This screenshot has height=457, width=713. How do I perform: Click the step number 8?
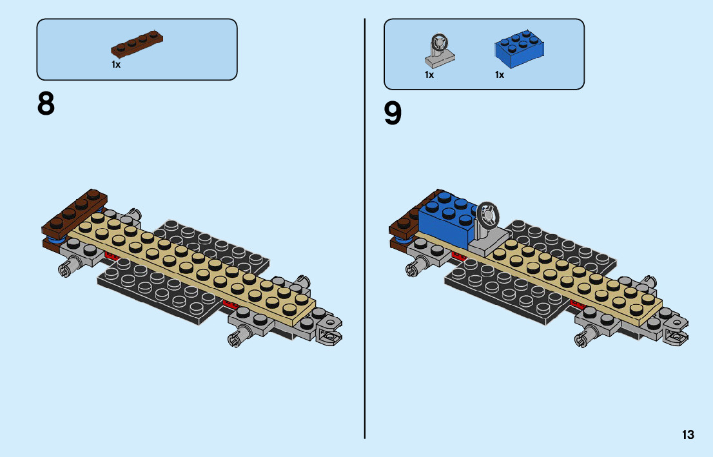46,104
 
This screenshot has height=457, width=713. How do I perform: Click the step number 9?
393,113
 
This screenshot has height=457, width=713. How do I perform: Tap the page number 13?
688,435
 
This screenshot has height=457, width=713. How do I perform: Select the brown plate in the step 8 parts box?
137,44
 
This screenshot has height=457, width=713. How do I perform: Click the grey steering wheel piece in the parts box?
438,50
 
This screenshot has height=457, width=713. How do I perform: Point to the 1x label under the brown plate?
116,65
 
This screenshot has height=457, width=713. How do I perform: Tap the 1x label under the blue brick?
500,75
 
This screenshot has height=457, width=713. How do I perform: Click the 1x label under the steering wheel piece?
429,75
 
